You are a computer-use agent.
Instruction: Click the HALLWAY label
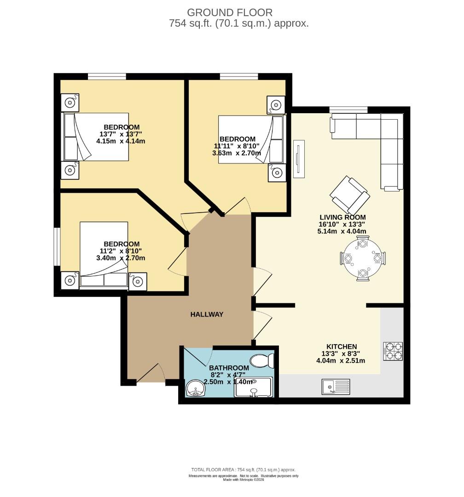coord(207,314)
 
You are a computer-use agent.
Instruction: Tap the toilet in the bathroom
coord(262,360)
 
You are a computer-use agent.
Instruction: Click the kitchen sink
coord(336,387)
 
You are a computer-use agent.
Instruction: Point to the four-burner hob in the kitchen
coord(393,351)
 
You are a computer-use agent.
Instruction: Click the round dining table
coord(363,258)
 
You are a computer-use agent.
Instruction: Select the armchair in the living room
coord(350,195)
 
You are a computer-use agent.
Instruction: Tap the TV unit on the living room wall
coord(298,159)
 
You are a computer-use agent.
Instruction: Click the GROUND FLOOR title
coord(230,12)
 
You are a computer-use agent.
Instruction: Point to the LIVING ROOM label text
coord(342,217)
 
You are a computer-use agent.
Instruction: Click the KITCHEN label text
coord(342,347)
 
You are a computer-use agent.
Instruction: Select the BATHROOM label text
coord(229,368)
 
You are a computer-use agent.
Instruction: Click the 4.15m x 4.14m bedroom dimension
coord(121,141)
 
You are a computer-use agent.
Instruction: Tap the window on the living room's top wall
coord(348,110)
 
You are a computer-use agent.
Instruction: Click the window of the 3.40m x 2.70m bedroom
coord(57,246)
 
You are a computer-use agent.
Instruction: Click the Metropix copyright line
coord(243,480)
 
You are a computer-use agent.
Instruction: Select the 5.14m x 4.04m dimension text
coord(342,231)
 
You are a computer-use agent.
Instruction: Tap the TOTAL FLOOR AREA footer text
coord(243,470)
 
